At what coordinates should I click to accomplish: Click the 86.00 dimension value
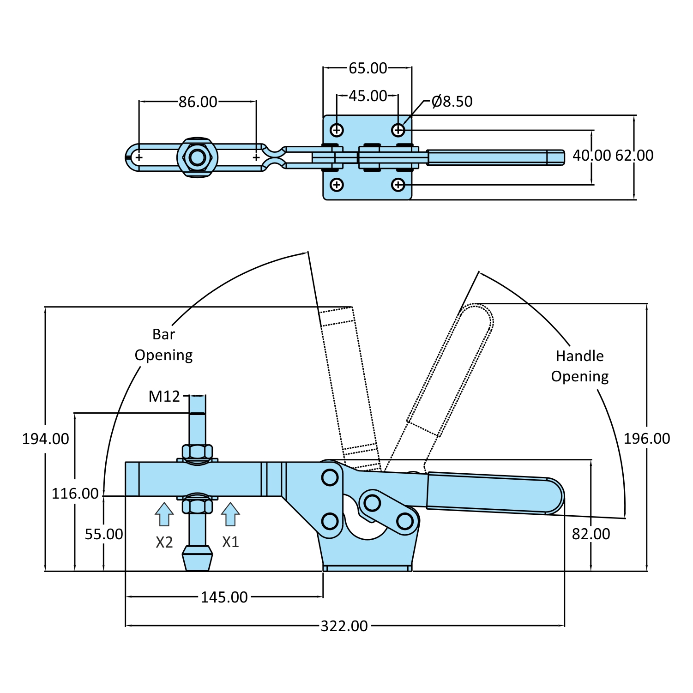pyautogui.click(x=198, y=102)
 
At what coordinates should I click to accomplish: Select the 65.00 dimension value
pyautogui.click(x=368, y=68)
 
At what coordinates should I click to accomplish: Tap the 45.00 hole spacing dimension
pyautogui.click(x=368, y=96)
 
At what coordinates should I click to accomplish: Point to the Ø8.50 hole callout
pyautogui.click(x=452, y=101)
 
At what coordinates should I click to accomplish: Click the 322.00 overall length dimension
pyautogui.click(x=344, y=626)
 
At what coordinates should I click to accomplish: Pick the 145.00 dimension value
pyautogui.click(x=224, y=597)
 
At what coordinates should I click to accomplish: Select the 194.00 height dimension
pyautogui.click(x=46, y=439)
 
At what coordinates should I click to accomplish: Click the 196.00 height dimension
pyautogui.click(x=647, y=438)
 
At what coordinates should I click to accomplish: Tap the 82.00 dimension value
pyautogui.click(x=591, y=534)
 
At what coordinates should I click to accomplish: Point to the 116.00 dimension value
pyautogui.click(x=75, y=494)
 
